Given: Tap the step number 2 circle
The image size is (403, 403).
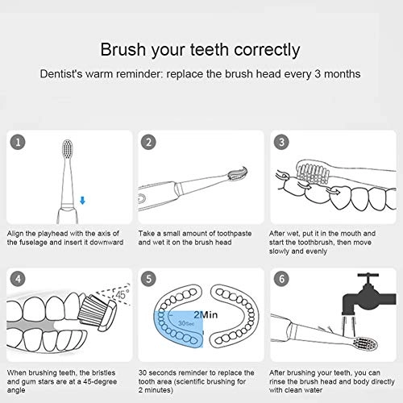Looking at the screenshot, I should [149, 143].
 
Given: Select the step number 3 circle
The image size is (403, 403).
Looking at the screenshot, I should [281, 143].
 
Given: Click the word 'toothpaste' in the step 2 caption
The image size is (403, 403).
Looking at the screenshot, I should [227, 232].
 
